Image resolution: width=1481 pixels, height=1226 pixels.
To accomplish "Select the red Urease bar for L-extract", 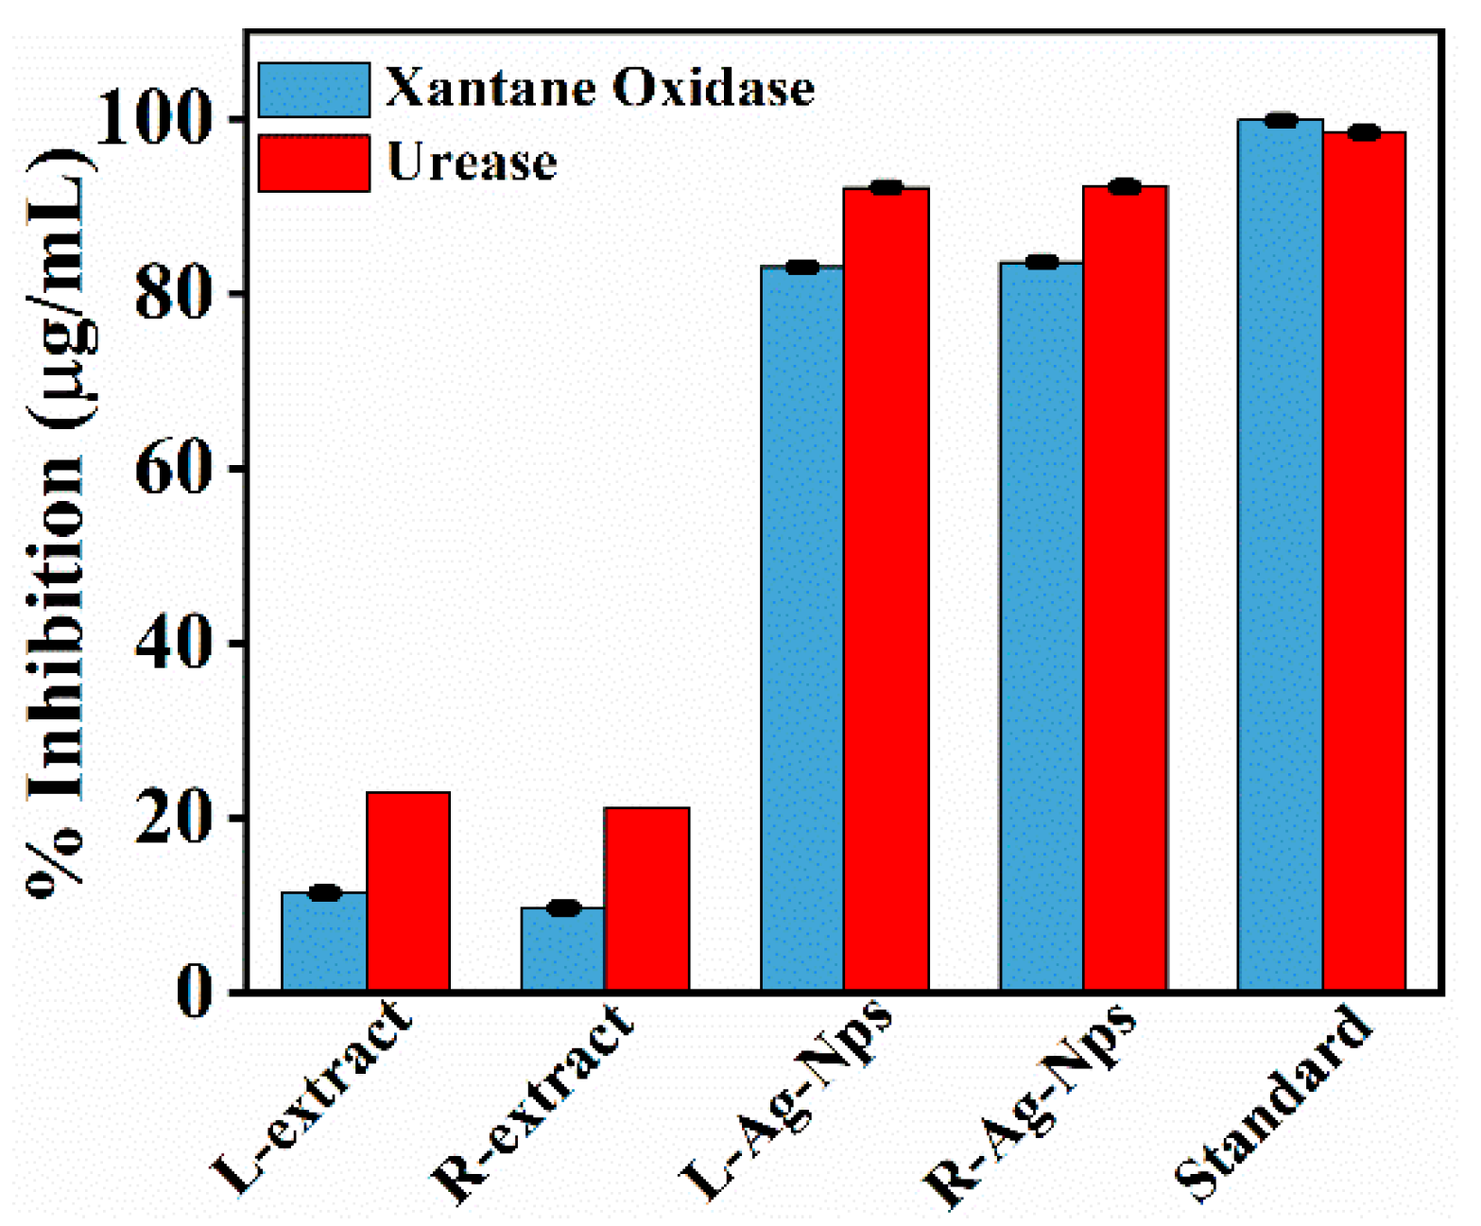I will click(x=408, y=891).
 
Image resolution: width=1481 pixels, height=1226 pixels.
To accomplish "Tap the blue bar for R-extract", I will click(x=563, y=949).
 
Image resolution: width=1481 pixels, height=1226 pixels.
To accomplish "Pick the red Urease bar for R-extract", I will click(x=647, y=899).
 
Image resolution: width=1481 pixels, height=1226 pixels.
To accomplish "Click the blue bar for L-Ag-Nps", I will click(x=802, y=629).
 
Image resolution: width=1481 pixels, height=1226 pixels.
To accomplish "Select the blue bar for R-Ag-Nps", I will click(x=1042, y=626).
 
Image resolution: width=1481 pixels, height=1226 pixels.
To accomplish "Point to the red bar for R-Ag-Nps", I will click(x=1125, y=588).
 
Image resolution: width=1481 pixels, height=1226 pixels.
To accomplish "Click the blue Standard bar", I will click(x=1281, y=555).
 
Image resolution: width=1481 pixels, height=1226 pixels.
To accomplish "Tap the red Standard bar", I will click(x=1364, y=561).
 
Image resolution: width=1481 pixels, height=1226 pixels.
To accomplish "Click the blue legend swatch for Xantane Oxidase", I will click(x=314, y=91).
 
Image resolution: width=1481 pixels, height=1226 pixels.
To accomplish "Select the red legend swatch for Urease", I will click(x=314, y=164).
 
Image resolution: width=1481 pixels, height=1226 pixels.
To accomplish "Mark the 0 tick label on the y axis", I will click(x=195, y=993).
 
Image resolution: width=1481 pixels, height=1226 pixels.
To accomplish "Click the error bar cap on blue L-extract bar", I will click(x=324, y=892).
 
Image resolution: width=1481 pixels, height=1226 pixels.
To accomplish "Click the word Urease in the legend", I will click(x=472, y=162).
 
